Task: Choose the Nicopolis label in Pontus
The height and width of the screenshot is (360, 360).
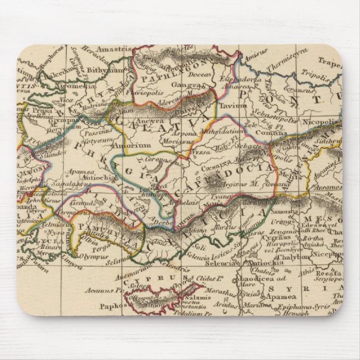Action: coord(321,120)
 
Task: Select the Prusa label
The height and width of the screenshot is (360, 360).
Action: coord(34,110)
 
